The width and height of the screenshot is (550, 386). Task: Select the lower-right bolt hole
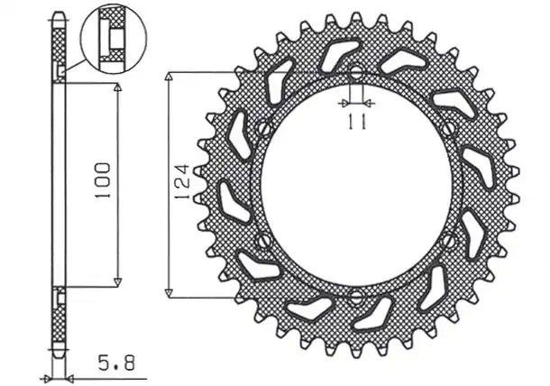[x=450, y=240]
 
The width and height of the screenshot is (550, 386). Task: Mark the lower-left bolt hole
[x=261, y=241]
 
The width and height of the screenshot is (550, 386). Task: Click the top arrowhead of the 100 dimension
[x=119, y=87]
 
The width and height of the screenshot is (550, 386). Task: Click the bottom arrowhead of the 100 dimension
[x=119, y=281]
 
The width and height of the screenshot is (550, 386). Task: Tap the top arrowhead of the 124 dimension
[x=169, y=78]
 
